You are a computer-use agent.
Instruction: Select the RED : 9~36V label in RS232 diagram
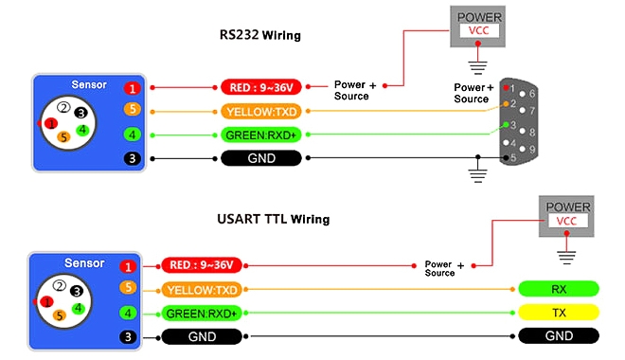tap(260, 87)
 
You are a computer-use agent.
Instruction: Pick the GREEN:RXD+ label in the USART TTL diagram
tap(202, 313)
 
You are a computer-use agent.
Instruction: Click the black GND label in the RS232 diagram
tap(261, 158)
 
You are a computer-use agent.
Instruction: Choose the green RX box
tap(558, 289)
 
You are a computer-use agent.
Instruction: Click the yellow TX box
tap(558, 313)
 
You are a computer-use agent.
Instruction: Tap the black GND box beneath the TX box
tap(558, 336)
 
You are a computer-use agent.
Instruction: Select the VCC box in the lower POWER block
tap(565, 221)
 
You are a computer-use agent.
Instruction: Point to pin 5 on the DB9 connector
tap(512, 158)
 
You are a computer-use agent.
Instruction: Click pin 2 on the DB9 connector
tap(511, 102)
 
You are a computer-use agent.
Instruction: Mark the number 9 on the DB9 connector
tap(532, 150)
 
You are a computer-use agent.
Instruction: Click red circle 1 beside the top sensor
tap(133, 87)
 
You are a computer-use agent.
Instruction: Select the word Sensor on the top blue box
tap(88, 84)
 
